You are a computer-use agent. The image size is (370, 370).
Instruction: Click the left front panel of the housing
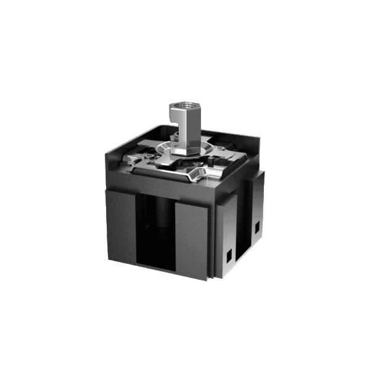coord(121,225)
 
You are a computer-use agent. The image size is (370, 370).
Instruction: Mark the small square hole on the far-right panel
coord(257,229)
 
